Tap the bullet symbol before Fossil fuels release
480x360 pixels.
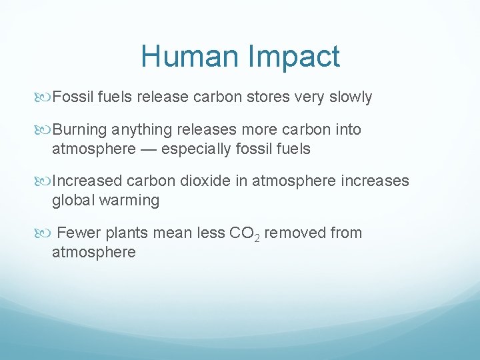[45, 97]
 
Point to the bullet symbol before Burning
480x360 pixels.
[45, 129]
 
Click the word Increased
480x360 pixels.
[87, 181]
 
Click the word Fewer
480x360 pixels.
[79, 233]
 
